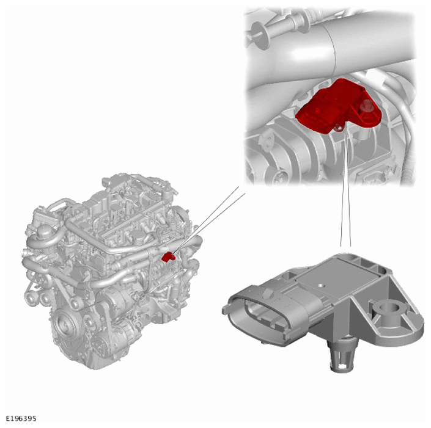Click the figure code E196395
(21, 418)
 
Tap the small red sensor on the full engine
(168, 257)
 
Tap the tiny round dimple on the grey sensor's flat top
(320, 285)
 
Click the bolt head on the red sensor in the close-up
(366, 106)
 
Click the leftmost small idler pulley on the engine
(29, 297)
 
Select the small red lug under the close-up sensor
(338, 127)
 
